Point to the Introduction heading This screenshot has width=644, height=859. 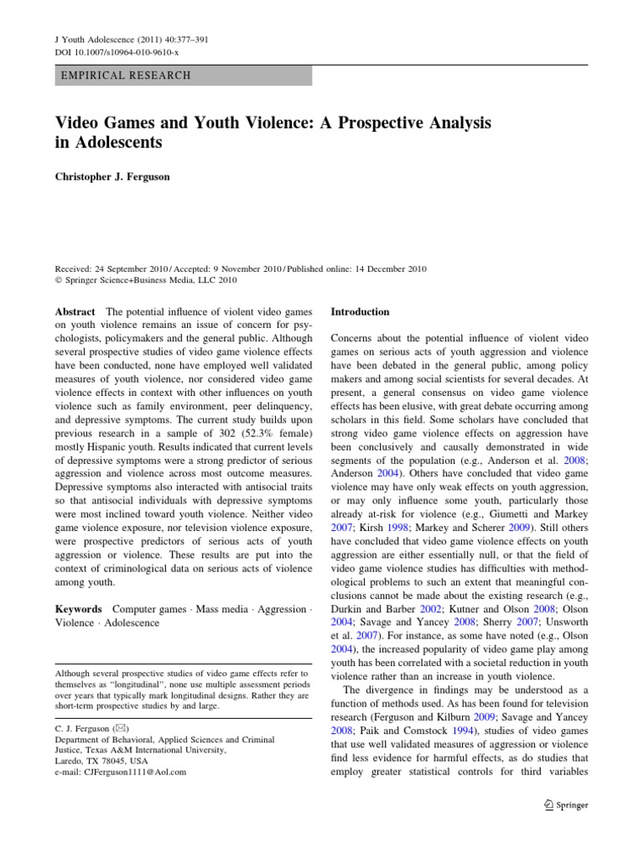pos(361,311)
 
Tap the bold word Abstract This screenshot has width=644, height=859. pos(75,311)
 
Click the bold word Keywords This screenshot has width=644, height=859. pos(79,608)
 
